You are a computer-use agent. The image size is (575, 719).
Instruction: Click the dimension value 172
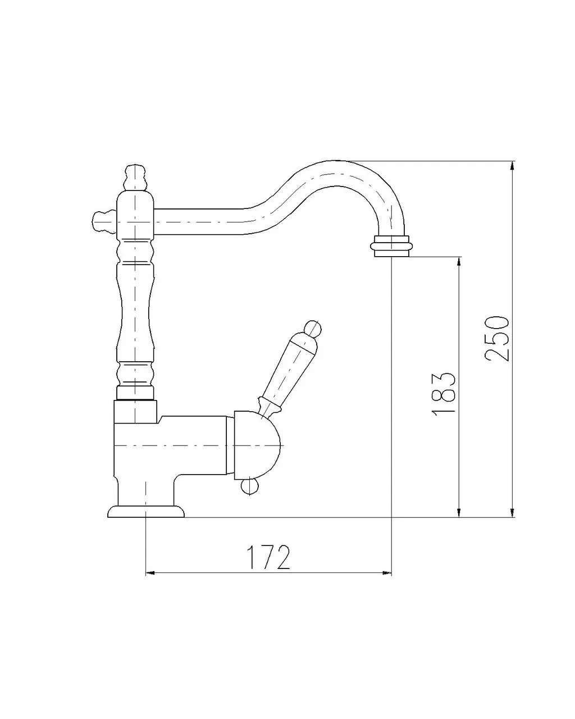(x=268, y=557)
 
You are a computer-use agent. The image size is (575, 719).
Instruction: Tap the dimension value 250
(x=496, y=338)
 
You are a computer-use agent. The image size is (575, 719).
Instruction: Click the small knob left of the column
(x=102, y=221)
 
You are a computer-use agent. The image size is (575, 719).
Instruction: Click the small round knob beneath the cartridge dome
(x=248, y=488)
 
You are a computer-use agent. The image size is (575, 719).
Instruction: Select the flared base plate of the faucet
(x=146, y=511)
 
